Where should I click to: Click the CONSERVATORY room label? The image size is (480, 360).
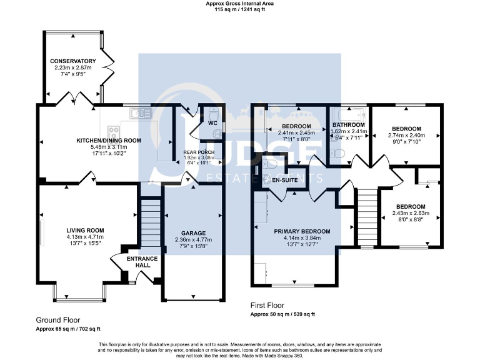[x=73, y=61]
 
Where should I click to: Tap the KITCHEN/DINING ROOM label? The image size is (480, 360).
[x=109, y=141]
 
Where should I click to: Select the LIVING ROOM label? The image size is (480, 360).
[x=85, y=231]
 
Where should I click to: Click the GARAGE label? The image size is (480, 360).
[x=193, y=233]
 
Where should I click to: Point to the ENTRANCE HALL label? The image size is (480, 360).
[x=142, y=262]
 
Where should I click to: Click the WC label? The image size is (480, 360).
[x=212, y=123]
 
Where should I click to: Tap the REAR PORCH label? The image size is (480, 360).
[x=199, y=152]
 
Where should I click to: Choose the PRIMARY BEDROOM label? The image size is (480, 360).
[x=302, y=231]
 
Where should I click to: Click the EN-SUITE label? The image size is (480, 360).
[x=285, y=180]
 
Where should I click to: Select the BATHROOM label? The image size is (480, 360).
[x=348, y=125]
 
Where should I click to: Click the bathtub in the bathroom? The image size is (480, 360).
[x=349, y=114]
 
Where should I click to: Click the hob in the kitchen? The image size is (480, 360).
[x=113, y=131]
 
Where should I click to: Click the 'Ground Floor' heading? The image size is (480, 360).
[x=58, y=320]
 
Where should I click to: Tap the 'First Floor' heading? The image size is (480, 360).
[x=267, y=306]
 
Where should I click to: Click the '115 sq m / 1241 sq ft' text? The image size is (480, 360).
[x=240, y=9]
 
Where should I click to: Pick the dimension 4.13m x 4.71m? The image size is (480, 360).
[x=85, y=237]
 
